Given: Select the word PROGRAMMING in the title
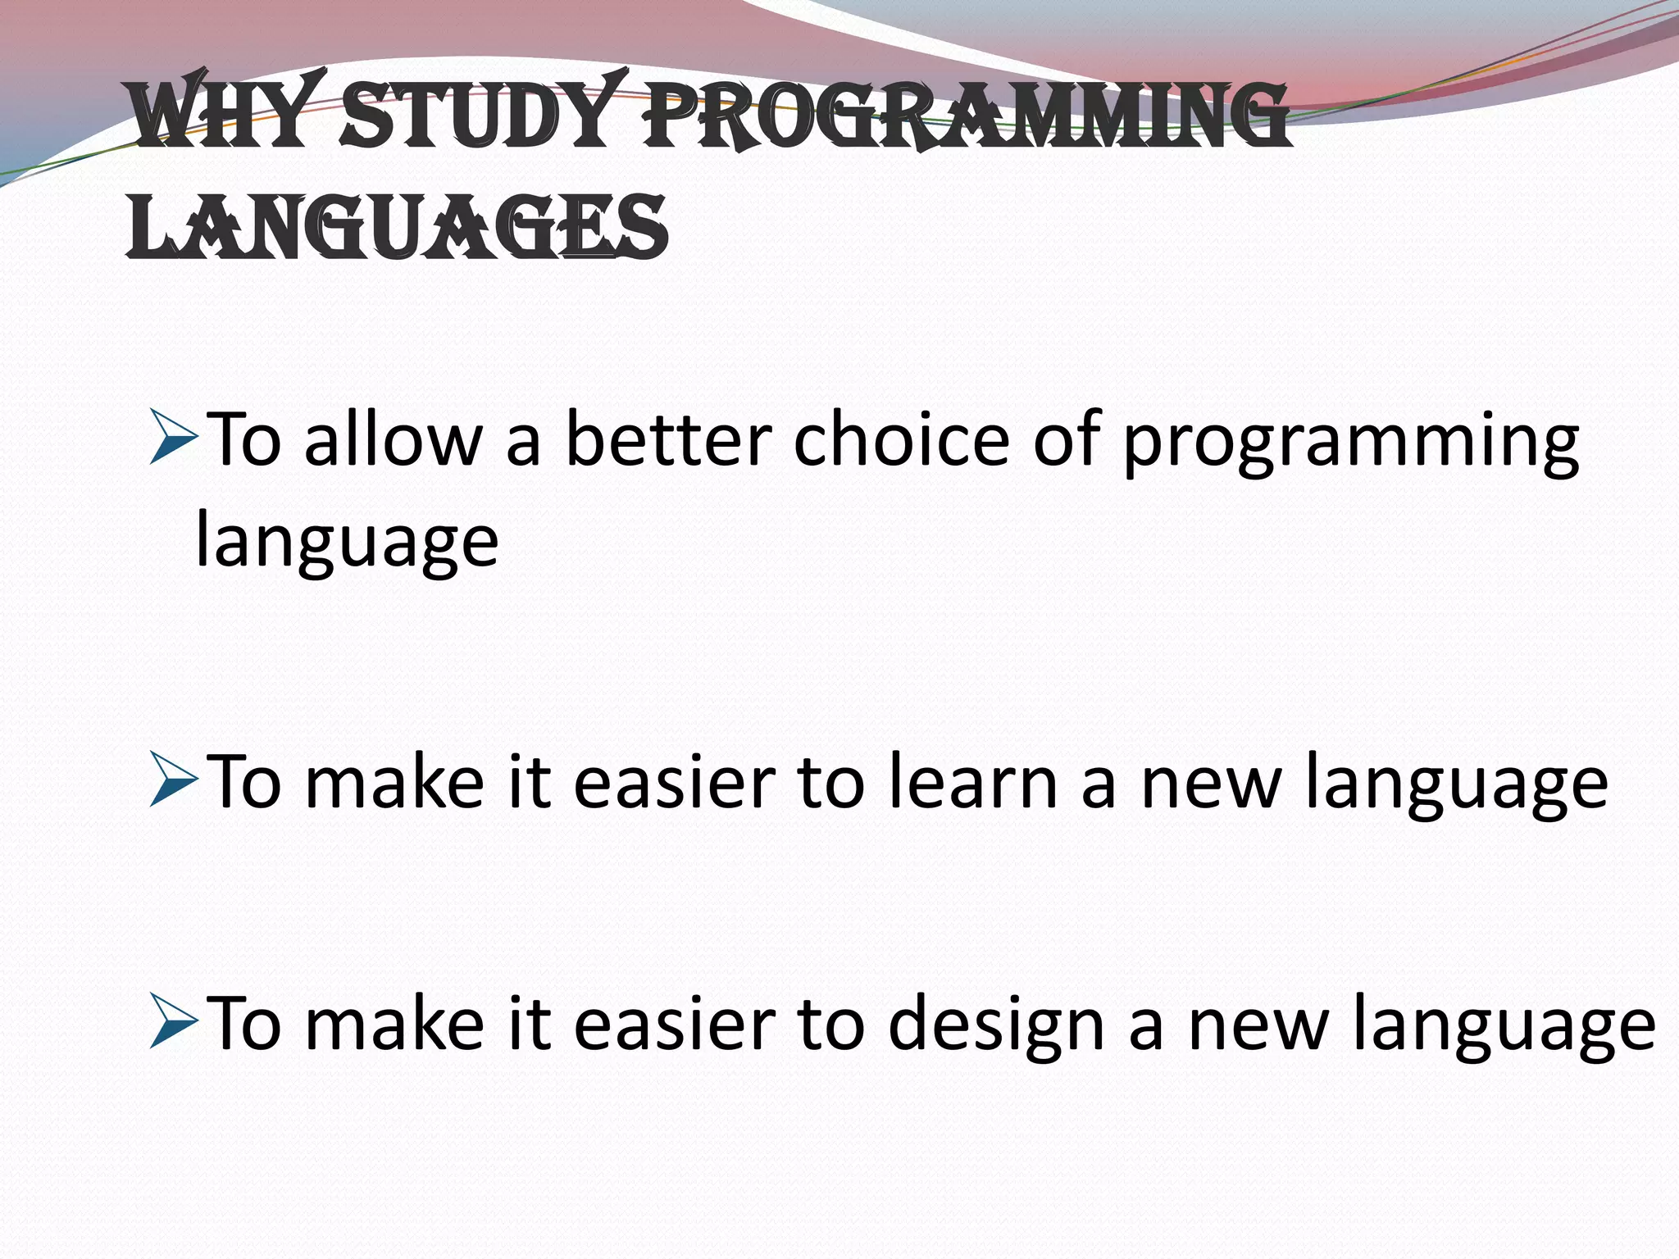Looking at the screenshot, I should click(x=967, y=119).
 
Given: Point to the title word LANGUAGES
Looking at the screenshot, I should click(x=398, y=228).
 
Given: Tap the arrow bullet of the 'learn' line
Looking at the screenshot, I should click(x=173, y=783).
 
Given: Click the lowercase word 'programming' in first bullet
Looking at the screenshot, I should click(x=1349, y=447).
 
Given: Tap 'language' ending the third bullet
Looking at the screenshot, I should click(x=1504, y=1029).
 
